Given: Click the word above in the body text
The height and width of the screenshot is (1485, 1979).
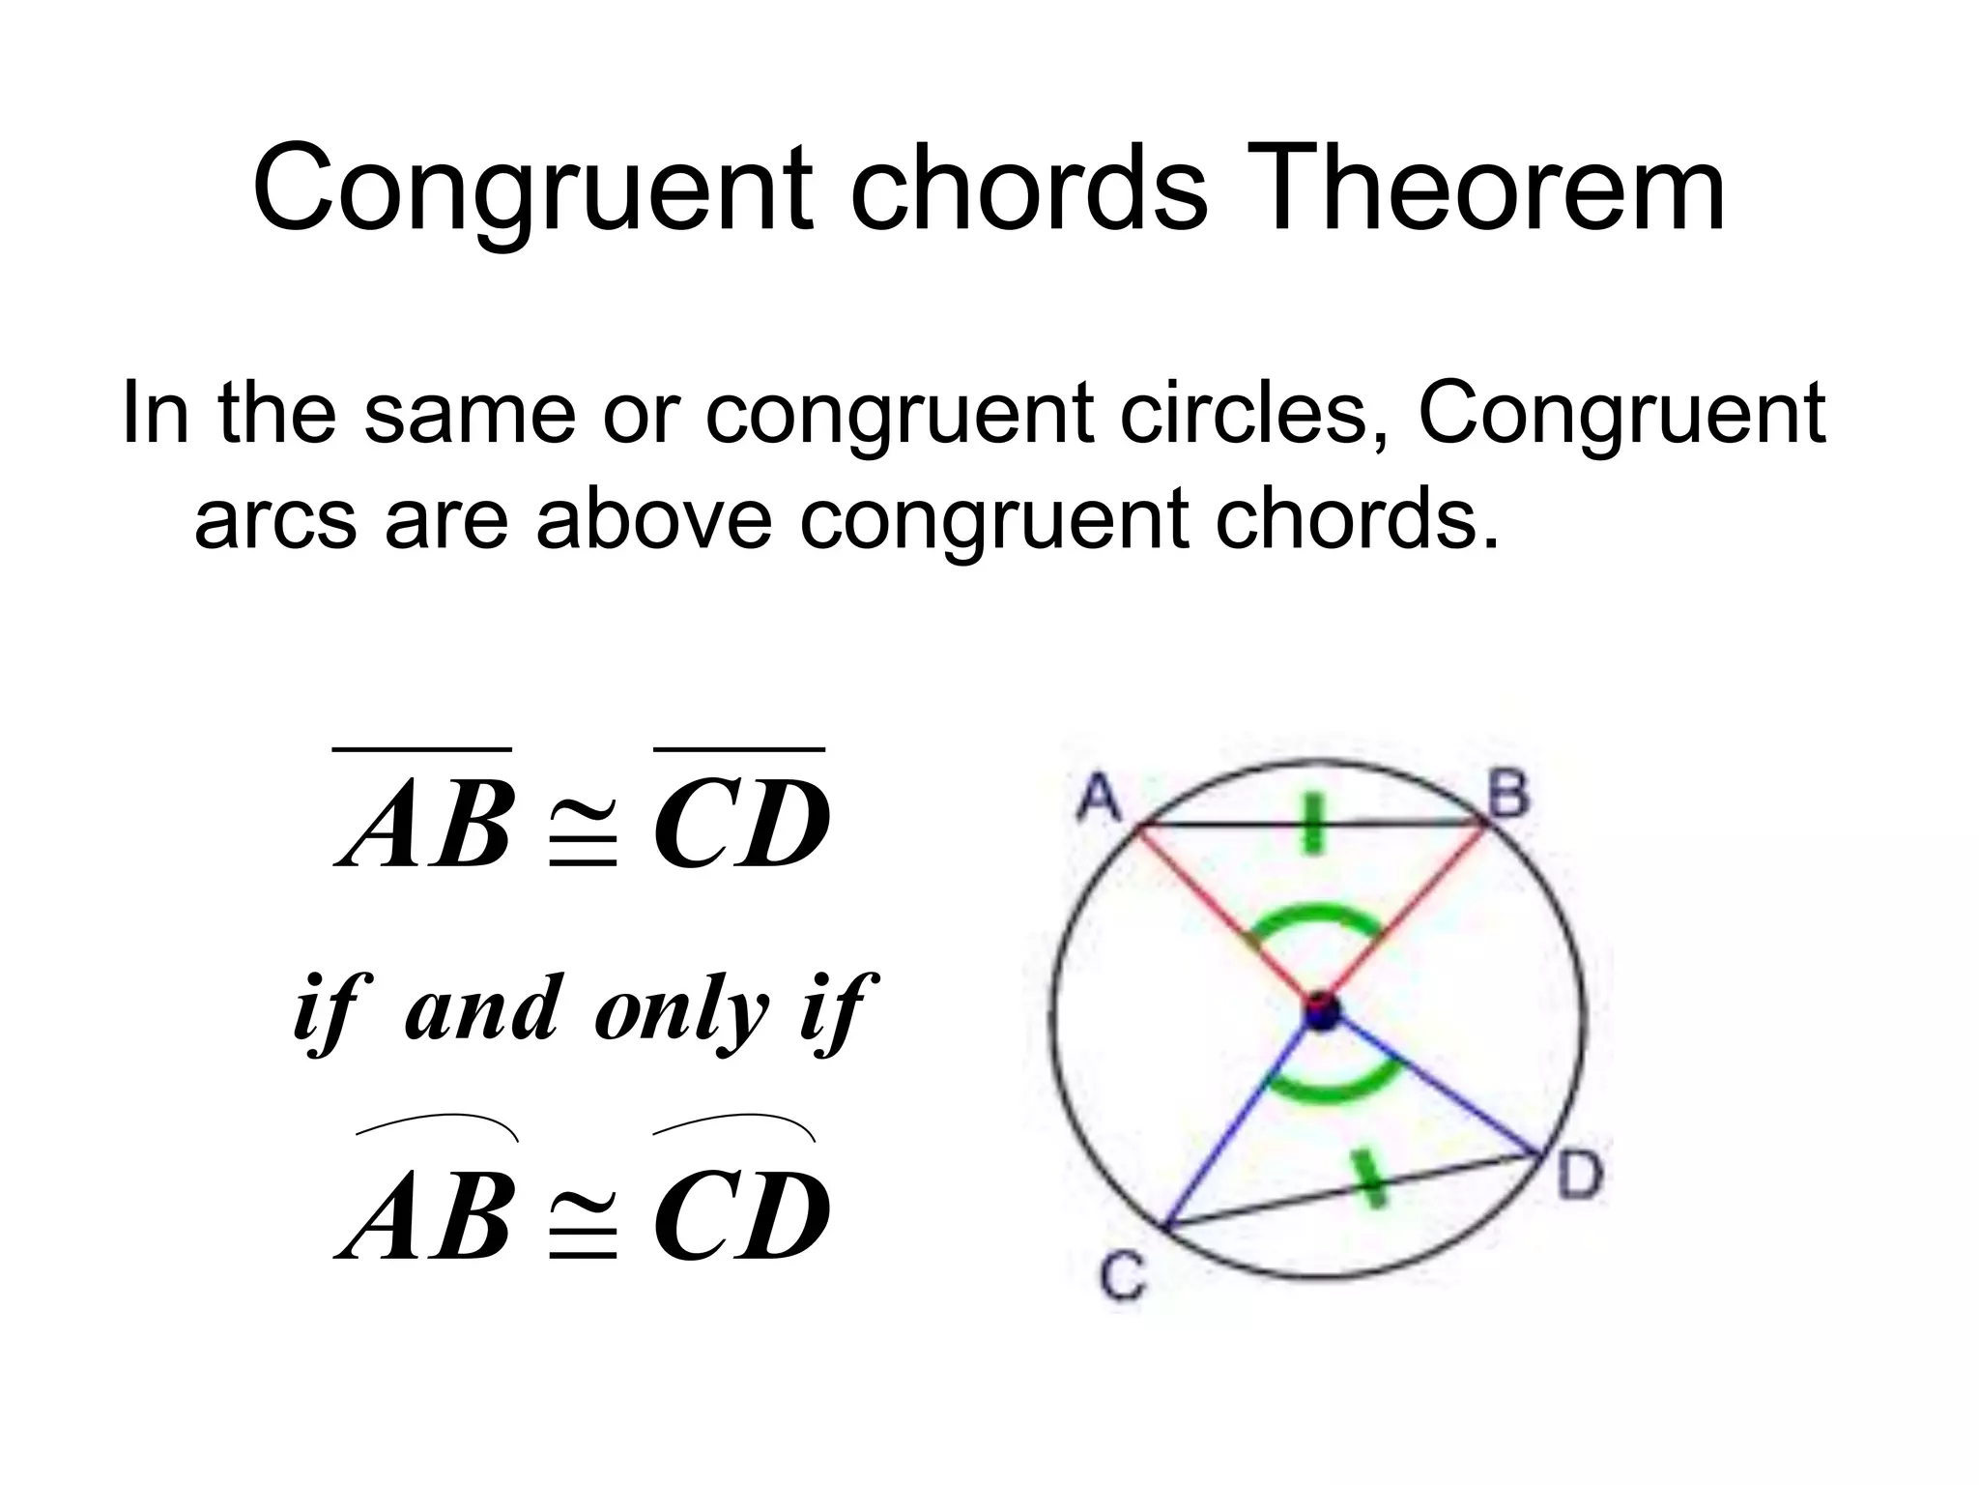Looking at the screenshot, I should pyautogui.click(x=653, y=518).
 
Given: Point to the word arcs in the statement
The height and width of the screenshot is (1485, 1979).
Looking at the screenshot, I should pyautogui.click(x=275, y=518).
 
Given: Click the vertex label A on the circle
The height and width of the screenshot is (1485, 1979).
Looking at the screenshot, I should pyautogui.click(x=1098, y=798).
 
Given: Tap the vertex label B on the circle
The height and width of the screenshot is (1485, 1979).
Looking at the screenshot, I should pyautogui.click(x=1508, y=796).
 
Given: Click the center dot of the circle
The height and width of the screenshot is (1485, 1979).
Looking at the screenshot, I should pyautogui.click(x=1321, y=1012).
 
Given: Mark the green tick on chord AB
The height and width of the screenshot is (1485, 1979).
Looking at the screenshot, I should pyautogui.click(x=1312, y=823).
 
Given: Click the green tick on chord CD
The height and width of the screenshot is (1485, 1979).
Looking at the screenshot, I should pyautogui.click(x=1368, y=1179).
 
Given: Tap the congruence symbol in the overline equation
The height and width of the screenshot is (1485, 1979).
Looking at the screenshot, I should pyautogui.click(x=583, y=837).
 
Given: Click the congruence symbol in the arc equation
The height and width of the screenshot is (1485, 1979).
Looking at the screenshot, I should pyautogui.click(x=583, y=1228).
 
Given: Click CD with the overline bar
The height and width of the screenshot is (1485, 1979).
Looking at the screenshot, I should pyautogui.click(x=741, y=822).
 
